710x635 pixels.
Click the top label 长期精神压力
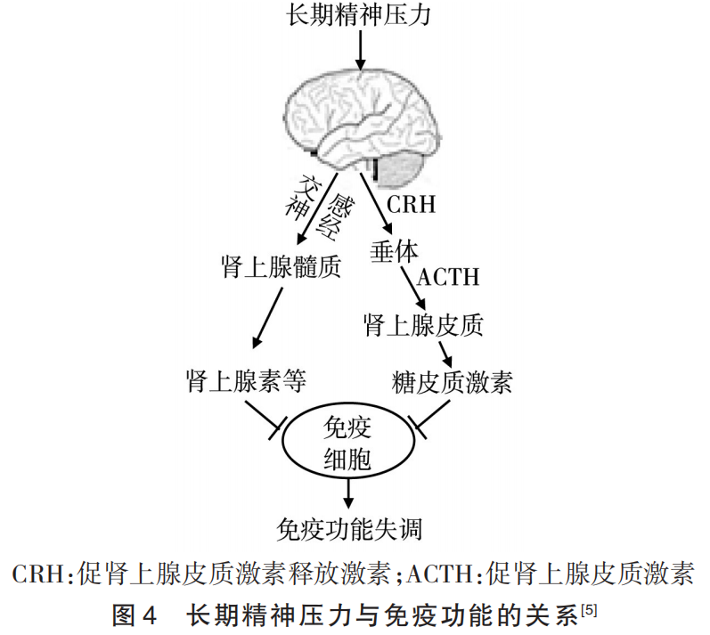coord(359,16)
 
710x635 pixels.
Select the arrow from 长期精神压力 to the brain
coord(360,49)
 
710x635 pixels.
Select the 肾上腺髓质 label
coord(280,266)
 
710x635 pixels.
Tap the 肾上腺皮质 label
coord(424,325)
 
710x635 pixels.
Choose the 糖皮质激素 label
coord(453,383)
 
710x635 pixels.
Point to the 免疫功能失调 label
coord(349,529)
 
